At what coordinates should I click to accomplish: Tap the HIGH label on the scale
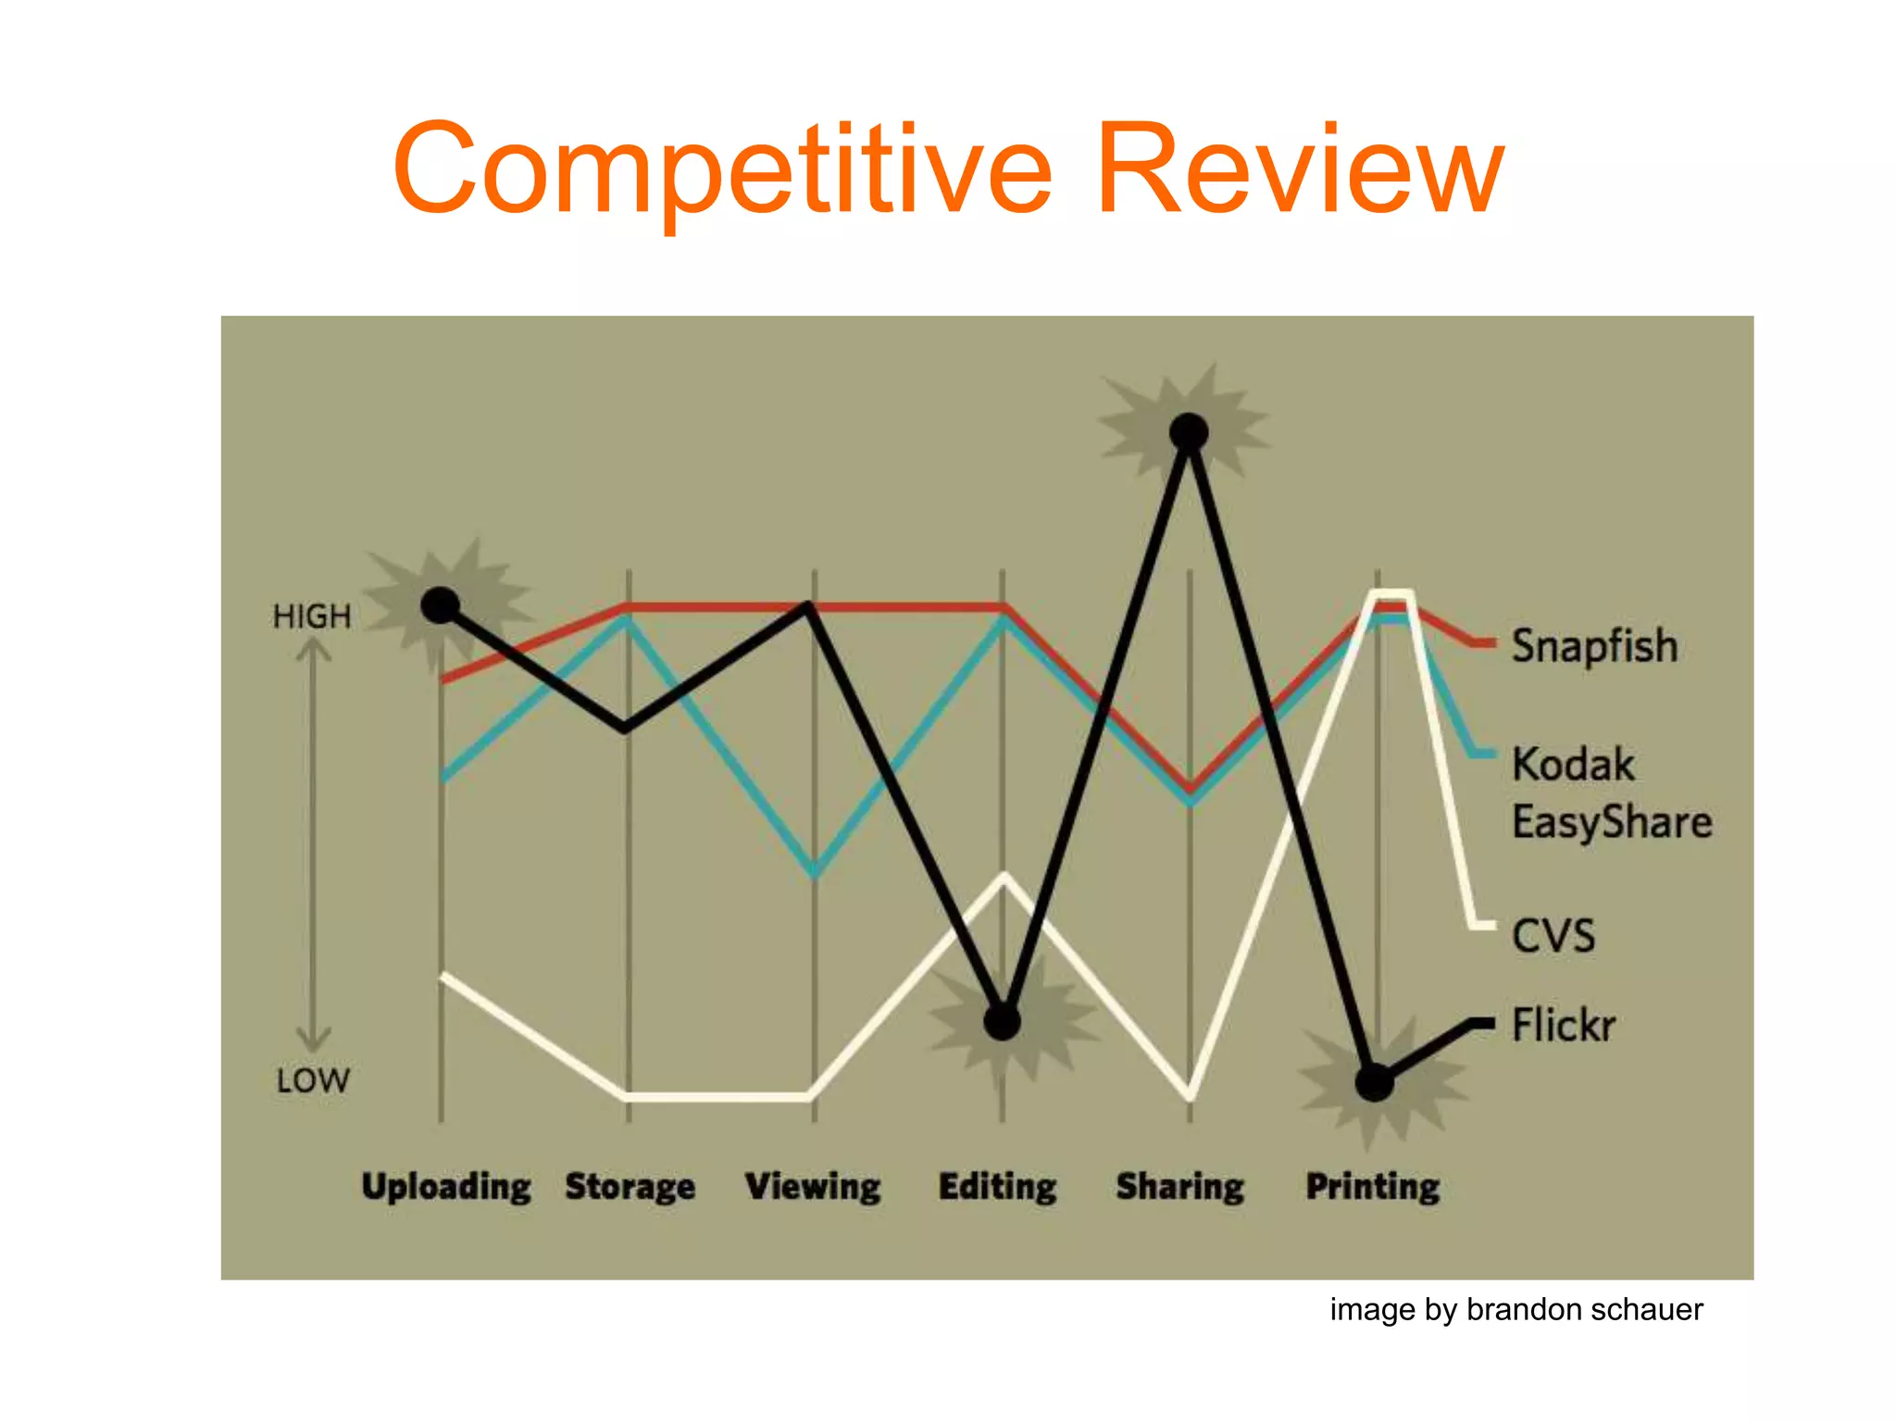pos(312,617)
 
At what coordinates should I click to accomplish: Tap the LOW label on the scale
pos(313,1080)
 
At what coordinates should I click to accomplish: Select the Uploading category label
pos(446,1187)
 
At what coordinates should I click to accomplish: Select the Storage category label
pos(630,1187)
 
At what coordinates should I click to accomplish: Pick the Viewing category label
pos(813,1187)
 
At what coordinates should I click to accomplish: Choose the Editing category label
pos(997,1187)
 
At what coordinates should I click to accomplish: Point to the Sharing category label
pos(1180,1187)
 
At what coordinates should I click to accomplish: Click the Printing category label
pos(1373,1187)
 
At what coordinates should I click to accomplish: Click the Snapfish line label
pos(1594,646)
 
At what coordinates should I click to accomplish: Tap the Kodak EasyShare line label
pos(1611,793)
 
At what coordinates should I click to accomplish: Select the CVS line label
pos(1553,936)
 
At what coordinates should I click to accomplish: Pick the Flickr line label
pos(1564,1026)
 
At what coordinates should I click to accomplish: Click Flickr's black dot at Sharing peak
pos(1189,431)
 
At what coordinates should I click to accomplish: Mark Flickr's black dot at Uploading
pos(441,605)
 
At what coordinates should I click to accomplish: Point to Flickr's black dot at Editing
pos(1002,1022)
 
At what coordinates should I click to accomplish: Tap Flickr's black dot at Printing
pos(1375,1082)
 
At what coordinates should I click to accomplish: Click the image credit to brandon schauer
pos(1516,1310)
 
